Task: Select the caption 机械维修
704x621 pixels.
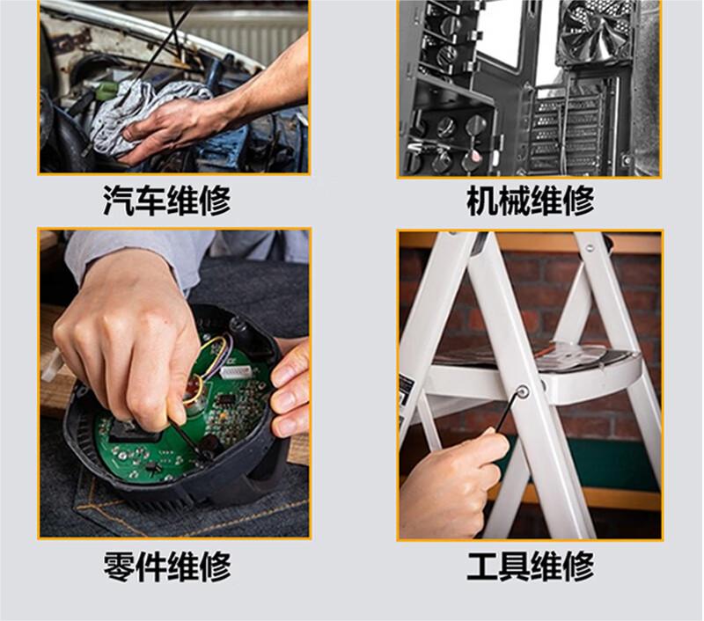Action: [531, 201]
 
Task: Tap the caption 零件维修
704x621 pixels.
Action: [166, 566]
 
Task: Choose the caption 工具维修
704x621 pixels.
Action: [531, 566]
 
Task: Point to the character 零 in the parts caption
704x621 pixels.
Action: [119, 566]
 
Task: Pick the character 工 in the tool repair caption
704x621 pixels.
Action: [482, 566]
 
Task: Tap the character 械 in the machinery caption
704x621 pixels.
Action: [514, 201]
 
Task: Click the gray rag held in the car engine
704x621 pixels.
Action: [148, 117]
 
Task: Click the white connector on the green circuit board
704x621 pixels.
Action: [238, 371]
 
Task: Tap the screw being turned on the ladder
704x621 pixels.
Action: [522, 391]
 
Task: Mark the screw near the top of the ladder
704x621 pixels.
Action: [590, 246]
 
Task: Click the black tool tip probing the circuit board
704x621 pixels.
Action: [204, 454]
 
